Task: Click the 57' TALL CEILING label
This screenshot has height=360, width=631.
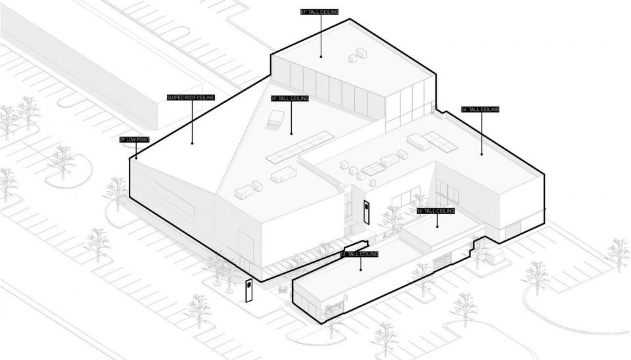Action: (320, 12)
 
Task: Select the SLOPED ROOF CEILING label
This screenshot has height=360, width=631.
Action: (191, 97)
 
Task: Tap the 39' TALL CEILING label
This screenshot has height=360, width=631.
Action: (290, 99)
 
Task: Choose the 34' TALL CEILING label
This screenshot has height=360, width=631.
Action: (480, 109)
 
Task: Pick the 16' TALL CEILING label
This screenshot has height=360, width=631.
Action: (436, 211)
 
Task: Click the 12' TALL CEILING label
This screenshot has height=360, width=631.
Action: (360, 254)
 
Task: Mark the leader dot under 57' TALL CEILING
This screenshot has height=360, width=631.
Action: (321, 55)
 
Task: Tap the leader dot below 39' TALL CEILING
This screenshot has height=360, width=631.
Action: (291, 133)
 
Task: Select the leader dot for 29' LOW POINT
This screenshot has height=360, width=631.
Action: (136, 158)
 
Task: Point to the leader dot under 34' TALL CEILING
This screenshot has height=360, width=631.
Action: (482, 154)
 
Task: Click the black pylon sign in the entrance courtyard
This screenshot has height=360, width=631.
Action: (366, 212)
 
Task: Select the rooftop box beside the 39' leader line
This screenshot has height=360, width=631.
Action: (276, 118)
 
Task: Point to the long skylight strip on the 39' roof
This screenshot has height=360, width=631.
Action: (300, 148)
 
